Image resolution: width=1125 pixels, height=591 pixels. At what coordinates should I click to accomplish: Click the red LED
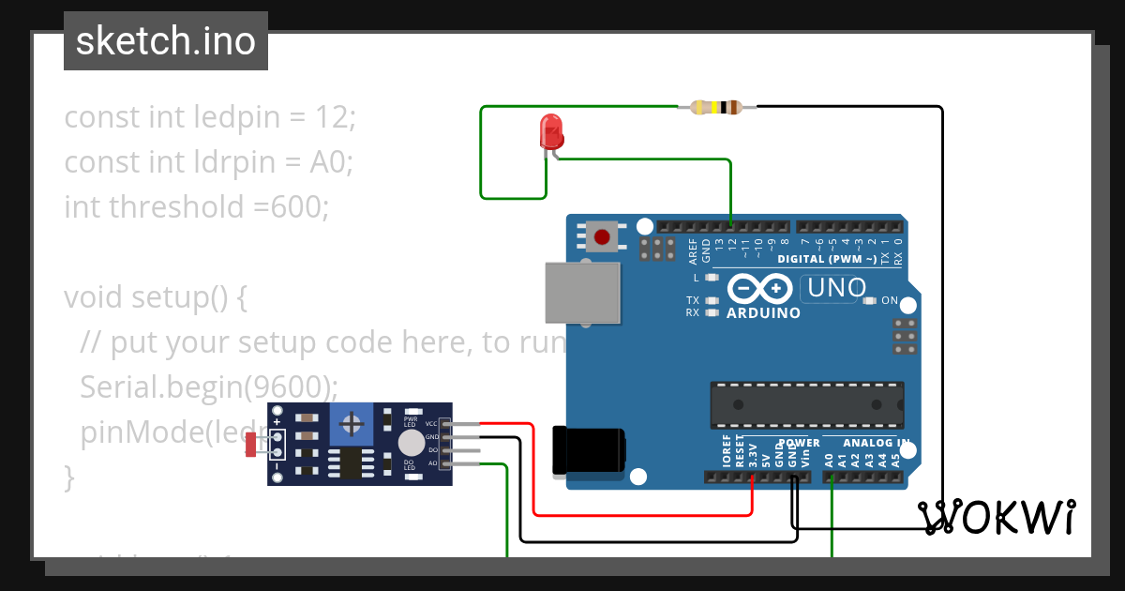coord(551,132)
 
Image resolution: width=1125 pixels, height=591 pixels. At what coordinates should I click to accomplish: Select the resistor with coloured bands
coord(715,107)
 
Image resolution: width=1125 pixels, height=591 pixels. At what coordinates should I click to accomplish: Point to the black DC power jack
coord(588,451)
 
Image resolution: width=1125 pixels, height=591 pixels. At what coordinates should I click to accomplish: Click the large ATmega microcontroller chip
coord(807,405)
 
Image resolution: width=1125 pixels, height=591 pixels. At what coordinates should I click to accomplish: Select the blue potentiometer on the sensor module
coord(352,425)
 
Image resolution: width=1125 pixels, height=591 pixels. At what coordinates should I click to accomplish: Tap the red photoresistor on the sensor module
coord(250,445)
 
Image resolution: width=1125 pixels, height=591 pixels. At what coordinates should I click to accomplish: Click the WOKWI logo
coord(996,518)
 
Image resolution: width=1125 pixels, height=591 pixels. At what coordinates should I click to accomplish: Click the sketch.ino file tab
coord(166,41)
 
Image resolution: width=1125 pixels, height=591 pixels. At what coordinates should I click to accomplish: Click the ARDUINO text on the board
coord(763,313)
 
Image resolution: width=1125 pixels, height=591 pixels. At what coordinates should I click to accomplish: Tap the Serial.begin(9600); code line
coord(209,386)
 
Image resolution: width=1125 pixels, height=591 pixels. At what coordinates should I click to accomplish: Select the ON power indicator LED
coord(870,301)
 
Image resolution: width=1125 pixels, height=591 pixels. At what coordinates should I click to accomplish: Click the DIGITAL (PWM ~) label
coord(827,259)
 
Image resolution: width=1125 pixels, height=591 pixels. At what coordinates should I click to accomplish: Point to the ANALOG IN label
coord(876,443)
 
